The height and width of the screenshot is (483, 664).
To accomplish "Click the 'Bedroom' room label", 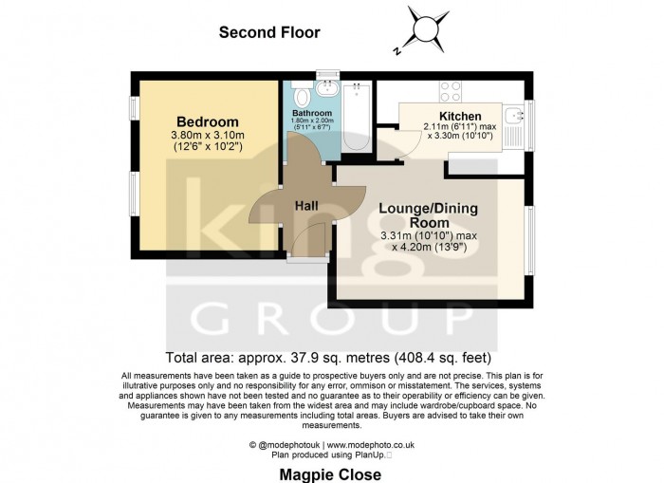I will (207, 121).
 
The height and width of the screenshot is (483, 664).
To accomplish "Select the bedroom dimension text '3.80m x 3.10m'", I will (208, 136).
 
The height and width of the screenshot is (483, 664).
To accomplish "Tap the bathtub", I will (358, 119).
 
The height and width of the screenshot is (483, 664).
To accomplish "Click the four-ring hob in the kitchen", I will (450, 92).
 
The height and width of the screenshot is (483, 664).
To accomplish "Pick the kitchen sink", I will (513, 119).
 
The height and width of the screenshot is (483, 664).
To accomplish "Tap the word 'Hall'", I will (305, 206).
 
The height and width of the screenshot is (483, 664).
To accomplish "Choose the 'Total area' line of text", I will (328, 358).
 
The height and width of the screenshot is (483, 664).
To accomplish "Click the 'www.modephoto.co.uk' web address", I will (377, 444).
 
